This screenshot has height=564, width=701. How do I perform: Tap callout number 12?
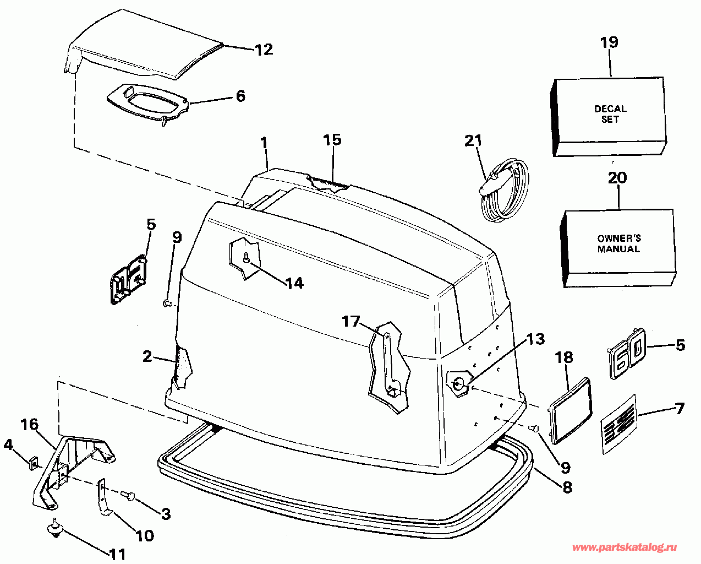point(264,50)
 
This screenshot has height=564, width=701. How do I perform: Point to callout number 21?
point(473,141)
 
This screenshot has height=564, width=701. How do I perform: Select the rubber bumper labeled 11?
point(54,529)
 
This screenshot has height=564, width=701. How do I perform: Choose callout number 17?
point(350,321)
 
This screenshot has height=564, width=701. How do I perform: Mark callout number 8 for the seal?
point(566,487)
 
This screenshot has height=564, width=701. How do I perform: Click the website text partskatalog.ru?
point(625,547)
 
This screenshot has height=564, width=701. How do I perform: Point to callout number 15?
point(332,140)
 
